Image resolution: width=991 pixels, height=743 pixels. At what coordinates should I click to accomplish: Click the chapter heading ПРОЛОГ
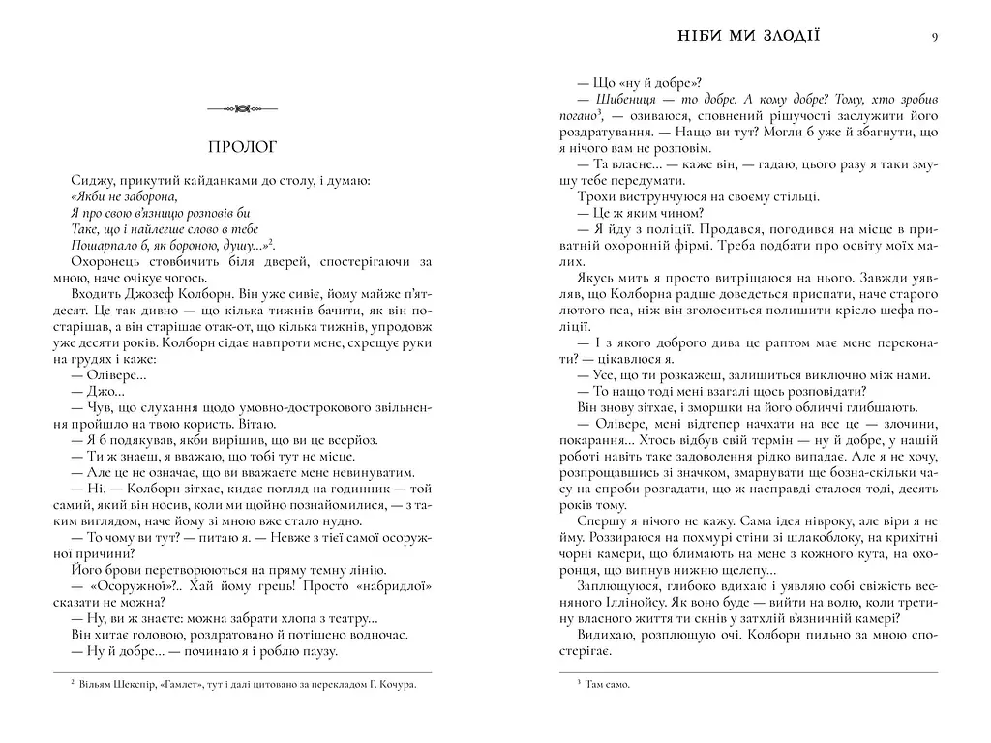(243, 148)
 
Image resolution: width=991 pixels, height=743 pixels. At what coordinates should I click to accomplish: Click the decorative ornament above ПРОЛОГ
(243, 109)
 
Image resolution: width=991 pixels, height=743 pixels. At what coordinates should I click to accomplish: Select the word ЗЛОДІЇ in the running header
(791, 37)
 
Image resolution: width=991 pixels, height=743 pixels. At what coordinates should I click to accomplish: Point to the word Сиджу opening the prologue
(89, 180)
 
